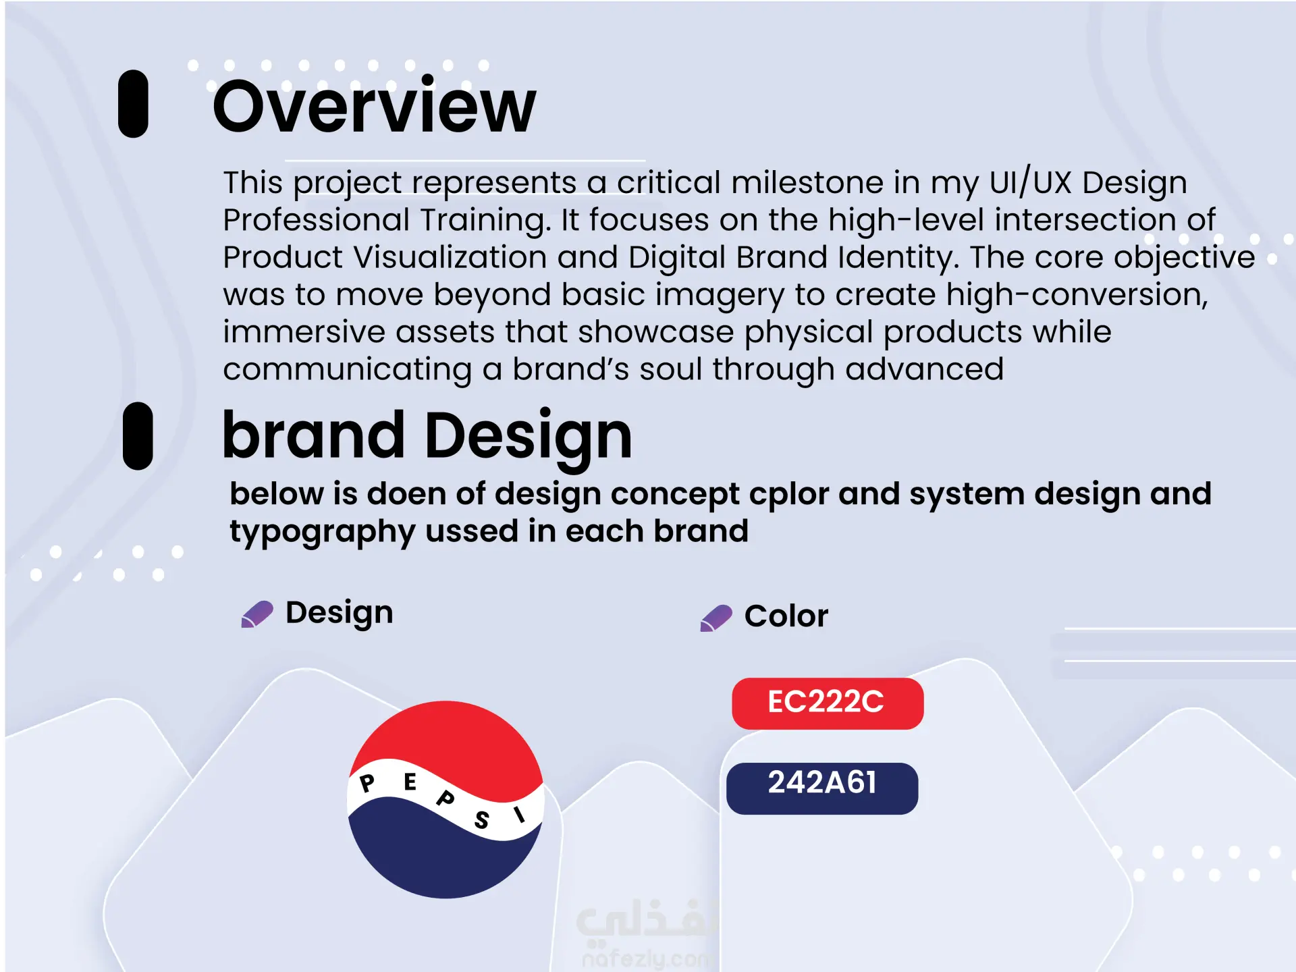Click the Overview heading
click(x=375, y=106)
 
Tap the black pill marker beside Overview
click(x=133, y=104)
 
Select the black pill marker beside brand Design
click(x=138, y=436)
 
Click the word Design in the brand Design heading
click(x=529, y=437)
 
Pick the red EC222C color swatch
click(x=828, y=703)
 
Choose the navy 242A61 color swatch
click(x=822, y=788)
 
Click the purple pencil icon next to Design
click(x=257, y=614)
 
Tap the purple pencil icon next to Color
click(x=716, y=618)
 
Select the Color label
click(x=786, y=616)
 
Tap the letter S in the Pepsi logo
click(x=481, y=819)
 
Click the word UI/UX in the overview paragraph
click(x=1031, y=182)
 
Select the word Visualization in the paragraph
click(x=450, y=257)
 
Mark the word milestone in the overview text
click(x=807, y=182)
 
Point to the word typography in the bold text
click(x=323, y=532)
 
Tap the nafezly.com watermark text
click(x=647, y=959)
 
